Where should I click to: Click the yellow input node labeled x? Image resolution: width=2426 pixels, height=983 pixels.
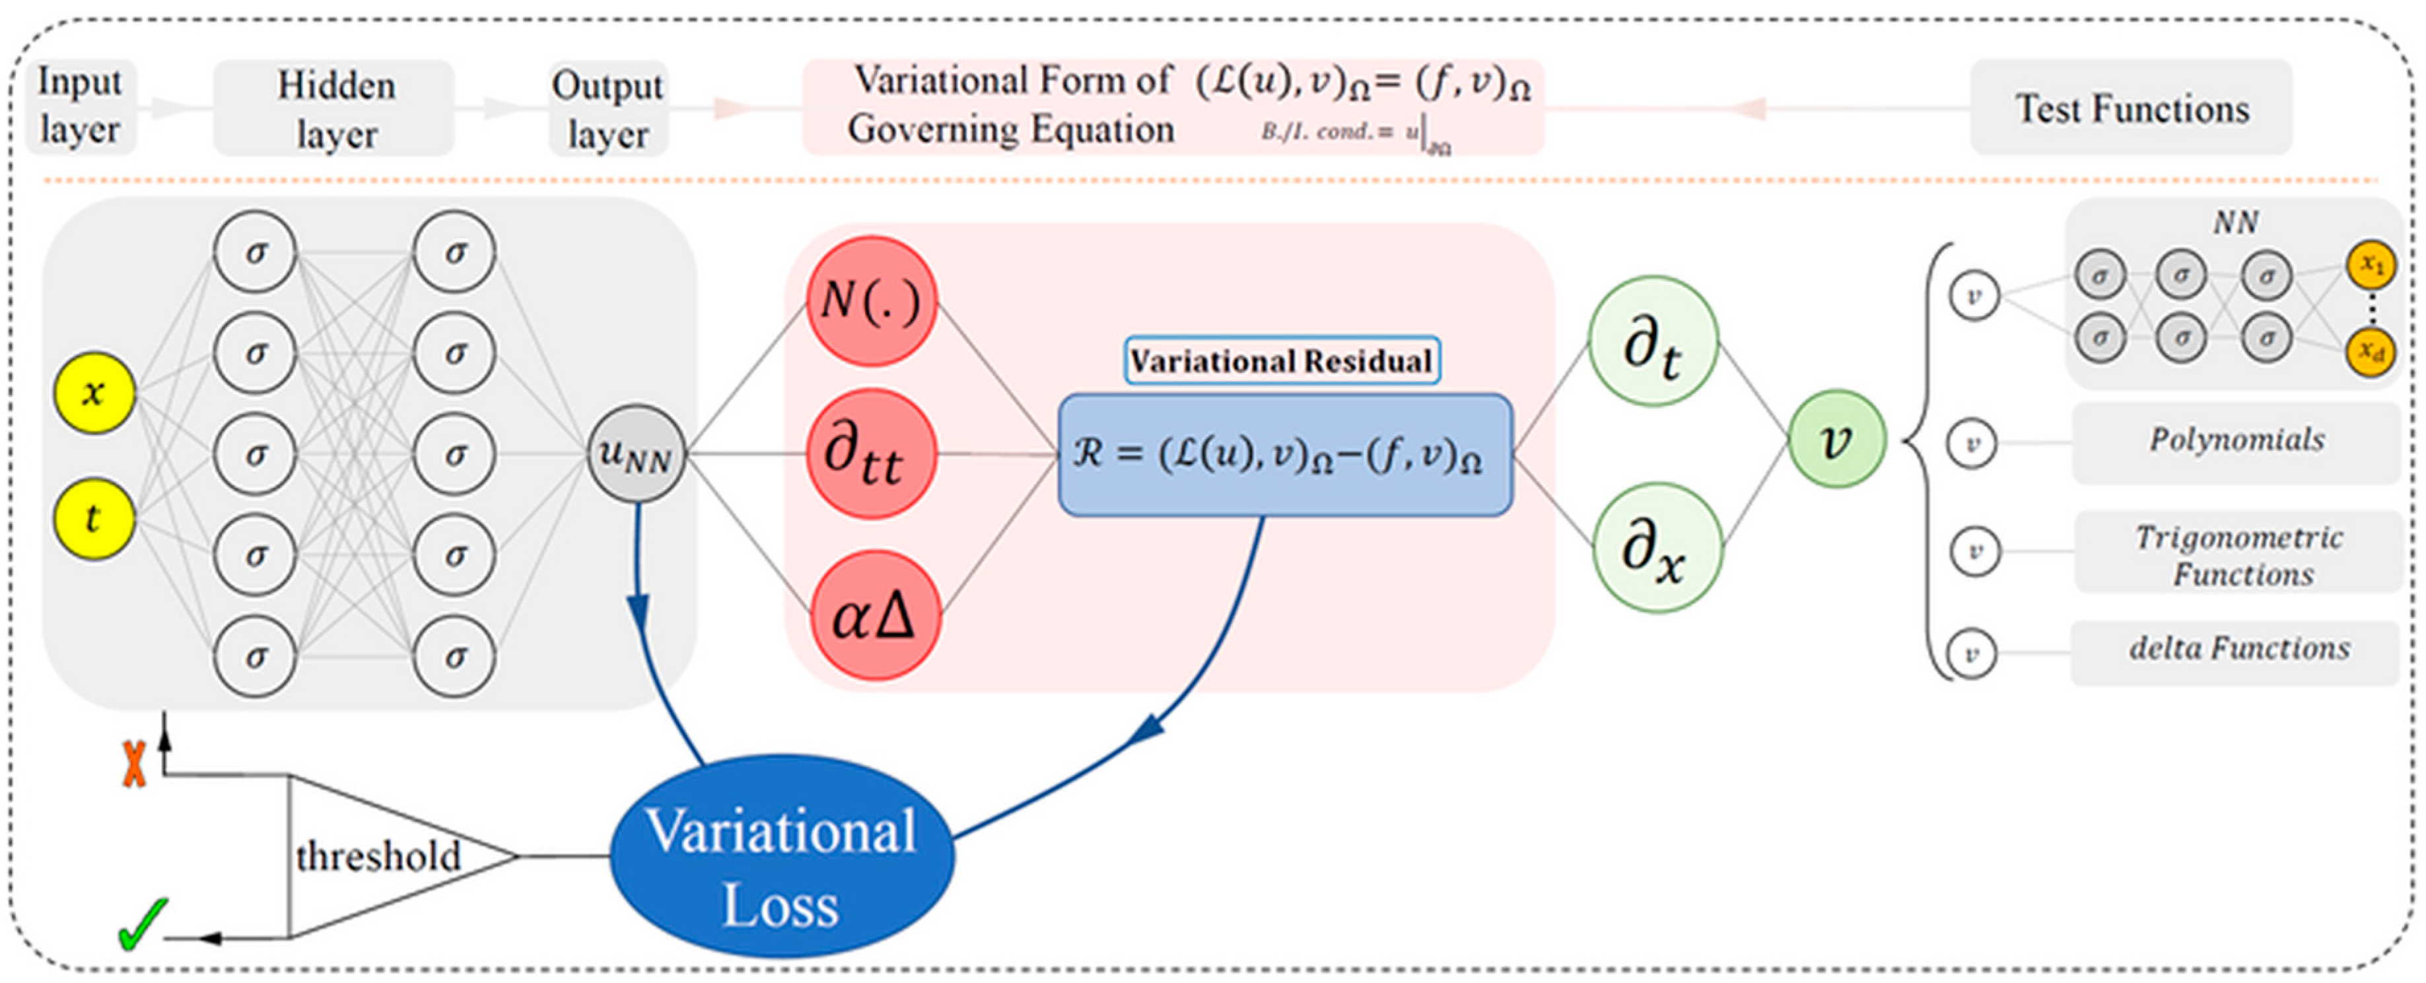tap(93, 393)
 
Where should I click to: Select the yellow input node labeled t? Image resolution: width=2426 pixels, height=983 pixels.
tap(93, 518)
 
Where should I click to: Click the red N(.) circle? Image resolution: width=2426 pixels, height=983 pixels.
tap(871, 301)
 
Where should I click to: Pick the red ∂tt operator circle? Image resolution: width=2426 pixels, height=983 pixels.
tap(871, 455)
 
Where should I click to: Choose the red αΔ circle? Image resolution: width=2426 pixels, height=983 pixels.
tap(875, 617)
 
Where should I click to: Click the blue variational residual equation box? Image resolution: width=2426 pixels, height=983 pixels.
tap(1284, 455)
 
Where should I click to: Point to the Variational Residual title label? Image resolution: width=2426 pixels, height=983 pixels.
tap(1282, 360)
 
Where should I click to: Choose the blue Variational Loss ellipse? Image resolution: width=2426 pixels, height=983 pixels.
tap(782, 857)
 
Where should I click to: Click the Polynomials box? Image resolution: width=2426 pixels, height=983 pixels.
tap(2236, 440)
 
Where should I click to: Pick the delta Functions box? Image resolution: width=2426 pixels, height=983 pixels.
tap(2236, 650)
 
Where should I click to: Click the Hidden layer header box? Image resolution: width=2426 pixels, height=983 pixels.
tap(334, 108)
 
